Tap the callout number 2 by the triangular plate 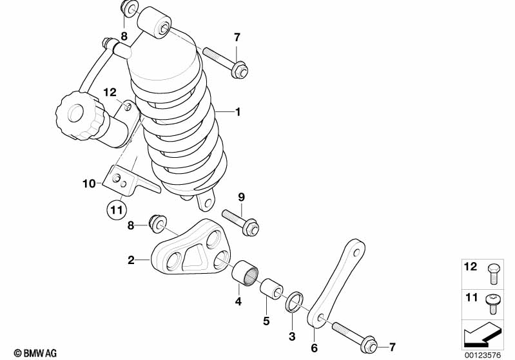[x=130, y=261]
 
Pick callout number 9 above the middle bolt [x=242, y=196]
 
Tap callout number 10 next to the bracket [x=88, y=184]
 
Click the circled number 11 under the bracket [x=115, y=209]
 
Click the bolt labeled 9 [x=241, y=222]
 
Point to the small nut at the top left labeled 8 [x=130, y=10]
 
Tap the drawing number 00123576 [x=481, y=354]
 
